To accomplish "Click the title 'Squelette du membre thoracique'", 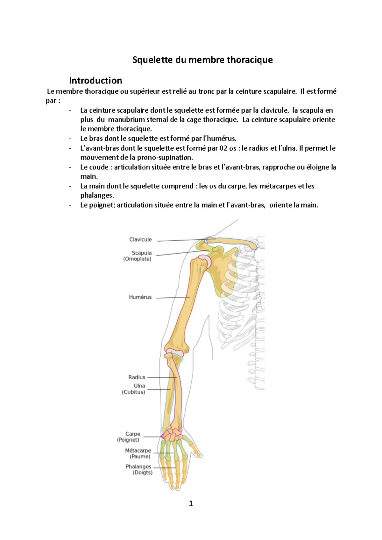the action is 202,60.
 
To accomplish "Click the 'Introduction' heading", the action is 96,80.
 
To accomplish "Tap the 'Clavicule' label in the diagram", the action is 140,239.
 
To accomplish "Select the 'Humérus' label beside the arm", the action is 140,297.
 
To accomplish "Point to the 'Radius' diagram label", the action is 137,377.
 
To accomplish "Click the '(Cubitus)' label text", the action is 133,392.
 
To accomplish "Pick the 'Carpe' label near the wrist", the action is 133,434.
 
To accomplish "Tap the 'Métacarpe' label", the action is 138,451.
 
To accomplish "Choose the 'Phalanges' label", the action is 138,466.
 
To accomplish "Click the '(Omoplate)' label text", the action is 137,259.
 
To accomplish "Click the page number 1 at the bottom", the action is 191,503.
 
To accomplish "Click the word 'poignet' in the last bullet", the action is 101,205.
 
